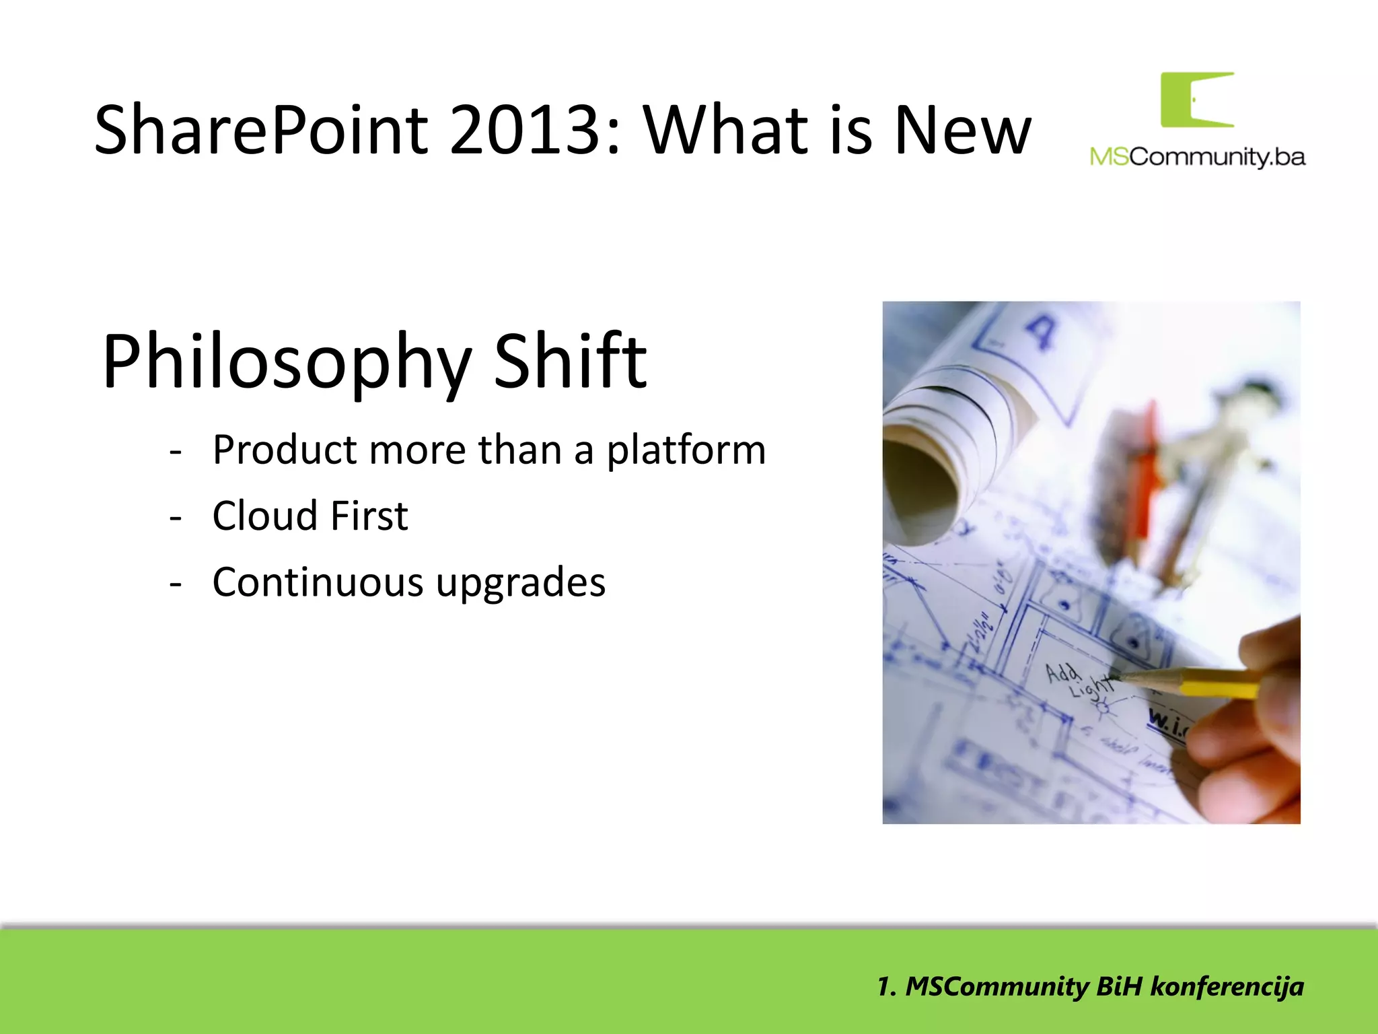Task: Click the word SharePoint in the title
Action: tap(261, 129)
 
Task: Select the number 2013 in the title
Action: tap(523, 129)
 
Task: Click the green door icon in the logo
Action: tap(1196, 100)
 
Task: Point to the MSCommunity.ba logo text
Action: tap(1197, 157)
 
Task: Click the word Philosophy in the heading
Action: tap(286, 361)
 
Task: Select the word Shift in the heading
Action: tap(570, 361)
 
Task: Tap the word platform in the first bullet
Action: tap(686, 450)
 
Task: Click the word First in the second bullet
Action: tap(369, 516)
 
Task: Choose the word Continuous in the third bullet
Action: tap(318, 582)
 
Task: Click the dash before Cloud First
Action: tap(176, 517)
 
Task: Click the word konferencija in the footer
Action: tap(1227, 986)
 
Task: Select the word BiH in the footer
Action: tap(1119, 986)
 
